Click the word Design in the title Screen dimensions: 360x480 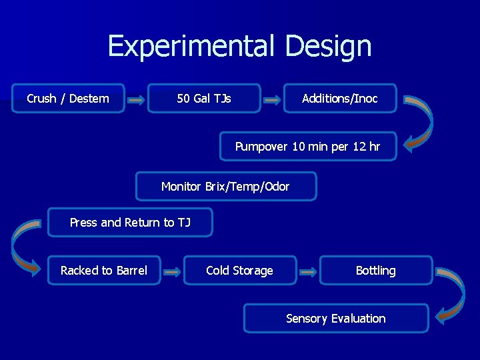pyautogui.click(x=328, y=47)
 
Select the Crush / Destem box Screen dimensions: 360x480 pyautogui.click(x=68, y=99)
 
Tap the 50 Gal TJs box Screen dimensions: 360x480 pyautogui.click(x=204, y=99)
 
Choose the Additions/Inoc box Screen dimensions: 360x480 pyautogui.click(x=340, y=99)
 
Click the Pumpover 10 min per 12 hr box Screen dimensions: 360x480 pyautogui.click(x=308, y=147)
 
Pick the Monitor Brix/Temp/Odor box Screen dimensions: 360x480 pyautogui.click(x=225, y=187)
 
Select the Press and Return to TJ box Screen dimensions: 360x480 pyautogui.click(x=130, y=223)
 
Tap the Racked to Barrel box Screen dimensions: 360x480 pyautogui.click(x=104, y=271)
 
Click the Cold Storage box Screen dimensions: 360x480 pyautogui.click(x=239, y=271)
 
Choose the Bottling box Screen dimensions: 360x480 pyautogui.click(x=375, y=271)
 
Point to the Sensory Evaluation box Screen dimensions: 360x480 pyautogui.click(x=335, y=319)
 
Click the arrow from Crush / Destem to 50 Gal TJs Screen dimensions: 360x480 pyautogui.click(x=136, y=101)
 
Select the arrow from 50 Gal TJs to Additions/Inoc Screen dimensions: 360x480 pyautogui.click(x=272, y=101)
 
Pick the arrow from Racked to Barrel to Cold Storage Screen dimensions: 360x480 pyautogui.click(x=172, y=272)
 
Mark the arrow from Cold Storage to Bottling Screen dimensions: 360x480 pyautogui.click(x=308, y=272)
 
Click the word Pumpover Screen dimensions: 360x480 pyautogui.click(x=261, y=147)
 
